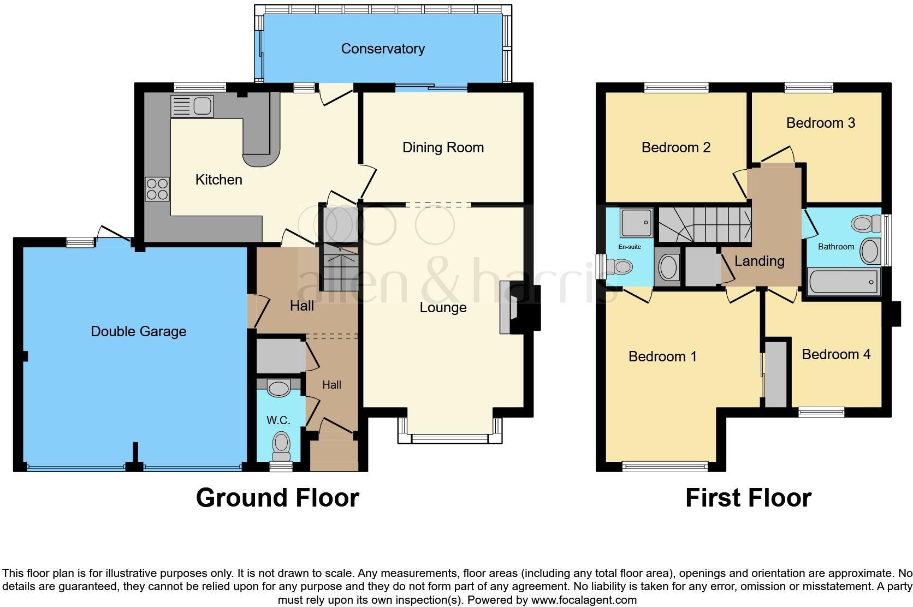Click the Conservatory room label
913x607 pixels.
coord(383,49)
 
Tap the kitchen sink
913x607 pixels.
coord(192,106)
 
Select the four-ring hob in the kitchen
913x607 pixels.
coord(157,189)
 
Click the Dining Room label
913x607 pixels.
coord(443,147)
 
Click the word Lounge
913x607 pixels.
coord(443,307)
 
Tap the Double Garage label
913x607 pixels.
coord(138,331)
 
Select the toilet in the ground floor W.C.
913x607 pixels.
coord(282,445)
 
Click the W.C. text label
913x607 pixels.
coord(278,420)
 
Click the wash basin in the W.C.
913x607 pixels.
coord(278,389)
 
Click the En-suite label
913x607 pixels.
coord(629,247)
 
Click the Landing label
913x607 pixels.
coord(759,261)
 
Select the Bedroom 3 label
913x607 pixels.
coord(820,123)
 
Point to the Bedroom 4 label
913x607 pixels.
coord(835,354)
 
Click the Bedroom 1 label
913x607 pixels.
coord(662,356)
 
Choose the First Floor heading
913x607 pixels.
coord(748,498)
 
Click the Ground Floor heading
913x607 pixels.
coord(277,498)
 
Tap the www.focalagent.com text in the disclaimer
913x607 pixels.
coord(583,600)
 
